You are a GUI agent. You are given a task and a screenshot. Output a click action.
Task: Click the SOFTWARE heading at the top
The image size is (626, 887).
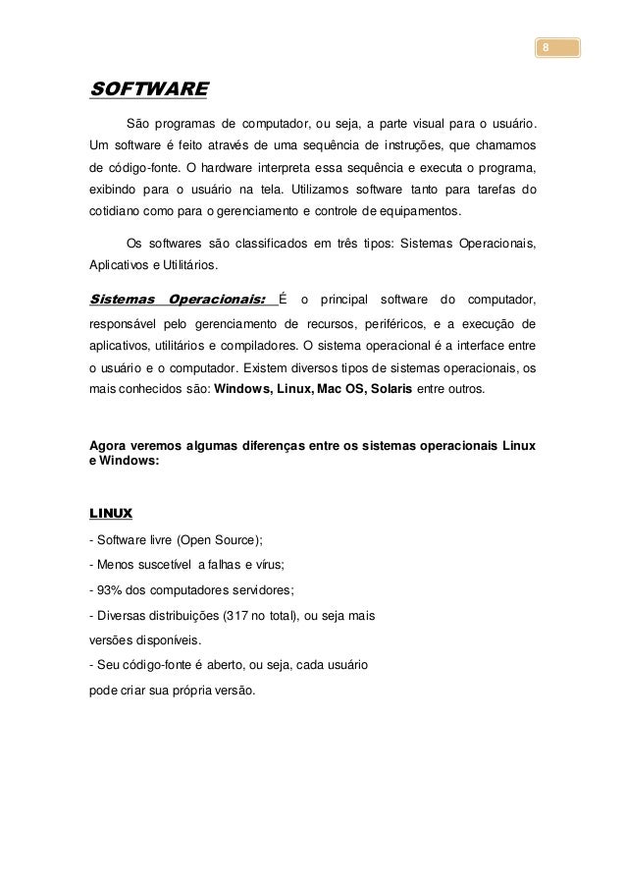pyautogui.click(x=148, y=90)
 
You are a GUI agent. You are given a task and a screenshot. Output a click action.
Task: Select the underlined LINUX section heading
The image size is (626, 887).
pyautogui.click(x=111, y=513)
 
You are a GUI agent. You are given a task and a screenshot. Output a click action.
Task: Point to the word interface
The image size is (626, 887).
pyautogui.click(x=472, y=345)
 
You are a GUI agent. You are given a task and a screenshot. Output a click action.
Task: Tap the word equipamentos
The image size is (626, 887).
pyautogui.click(x=411, y=211)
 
